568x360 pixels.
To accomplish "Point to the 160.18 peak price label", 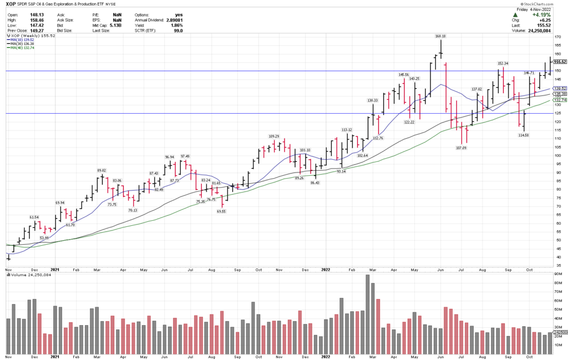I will point(440,36).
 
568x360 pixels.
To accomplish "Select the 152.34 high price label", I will point(503,63).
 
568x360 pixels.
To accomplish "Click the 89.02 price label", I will point(102,170).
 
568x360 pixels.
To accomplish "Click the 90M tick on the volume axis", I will point(557,282).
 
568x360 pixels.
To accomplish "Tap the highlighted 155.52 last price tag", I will point(559,62).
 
